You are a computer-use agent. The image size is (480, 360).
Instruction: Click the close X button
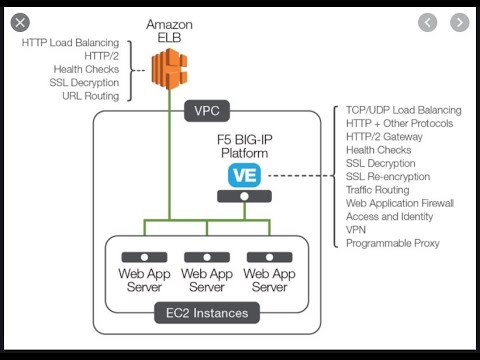(19, 22)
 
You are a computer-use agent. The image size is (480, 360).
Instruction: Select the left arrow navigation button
(427, 22)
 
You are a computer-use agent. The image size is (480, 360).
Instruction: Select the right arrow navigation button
(459, 22)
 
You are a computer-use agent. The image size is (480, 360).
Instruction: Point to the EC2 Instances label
(206, 313)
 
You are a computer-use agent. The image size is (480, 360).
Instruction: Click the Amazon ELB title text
(169, 30)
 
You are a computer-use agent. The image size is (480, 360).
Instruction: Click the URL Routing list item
(86, 95)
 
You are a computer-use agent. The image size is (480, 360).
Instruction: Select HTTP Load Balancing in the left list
(70, 43)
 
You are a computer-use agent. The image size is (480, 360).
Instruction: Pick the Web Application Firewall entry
(401, 203)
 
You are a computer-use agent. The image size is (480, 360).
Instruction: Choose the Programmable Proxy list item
(392, 243)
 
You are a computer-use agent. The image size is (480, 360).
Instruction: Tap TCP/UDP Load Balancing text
(403, 110)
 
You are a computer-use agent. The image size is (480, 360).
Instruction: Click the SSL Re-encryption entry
(388, 176)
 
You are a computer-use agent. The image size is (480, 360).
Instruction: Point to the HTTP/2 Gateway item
(385, 137)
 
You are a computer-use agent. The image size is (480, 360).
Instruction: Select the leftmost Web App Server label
(145, 280)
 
